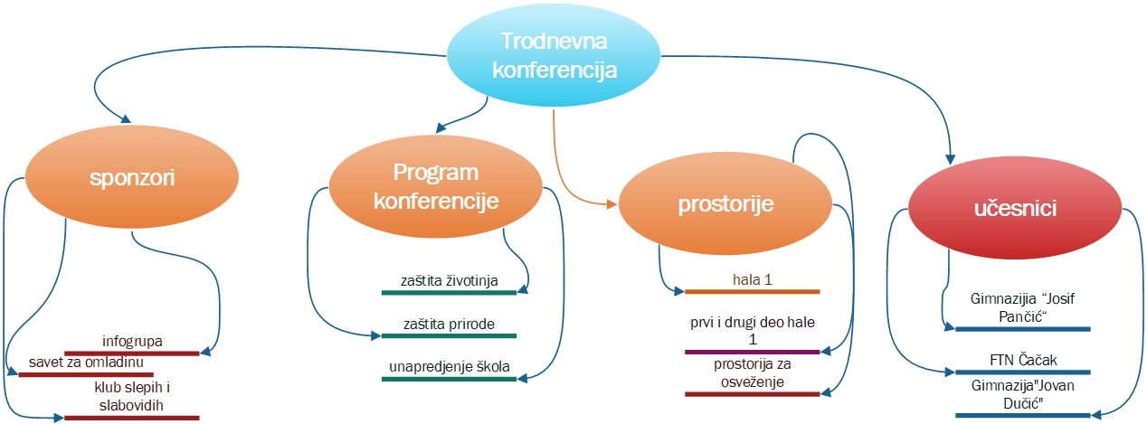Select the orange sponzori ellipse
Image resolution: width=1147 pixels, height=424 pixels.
coord(132,178)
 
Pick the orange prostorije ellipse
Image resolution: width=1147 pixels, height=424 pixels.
coord(725,204)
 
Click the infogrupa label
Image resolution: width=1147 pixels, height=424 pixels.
coord(132,342)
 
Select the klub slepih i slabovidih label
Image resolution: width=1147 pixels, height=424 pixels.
coord(132,395)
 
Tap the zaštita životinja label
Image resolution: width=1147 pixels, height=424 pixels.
coord(450,279)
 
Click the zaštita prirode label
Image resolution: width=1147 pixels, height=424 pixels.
coord(449,323)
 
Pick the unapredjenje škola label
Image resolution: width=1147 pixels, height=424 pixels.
coord(450,366)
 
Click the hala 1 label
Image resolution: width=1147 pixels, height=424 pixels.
coord(752,279)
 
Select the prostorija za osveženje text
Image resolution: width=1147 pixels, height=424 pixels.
coord(753,372)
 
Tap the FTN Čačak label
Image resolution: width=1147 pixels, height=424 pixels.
coord(1023,360)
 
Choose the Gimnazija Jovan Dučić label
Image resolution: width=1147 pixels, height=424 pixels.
coord(1023,393)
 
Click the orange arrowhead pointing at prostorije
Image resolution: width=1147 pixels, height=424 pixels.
coord(612,204)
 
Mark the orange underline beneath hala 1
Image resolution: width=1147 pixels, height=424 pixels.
coord(752,292)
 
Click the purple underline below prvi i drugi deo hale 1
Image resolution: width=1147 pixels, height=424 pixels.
coord(752,351)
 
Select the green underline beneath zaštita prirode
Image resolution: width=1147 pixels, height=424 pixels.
coord(449,336)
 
